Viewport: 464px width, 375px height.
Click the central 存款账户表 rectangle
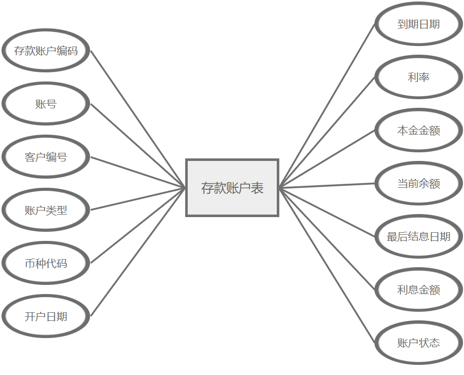[x=232, y=188]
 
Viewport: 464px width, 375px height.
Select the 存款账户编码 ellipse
[x=46, y=51]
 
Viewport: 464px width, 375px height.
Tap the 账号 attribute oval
[x=46, y=104]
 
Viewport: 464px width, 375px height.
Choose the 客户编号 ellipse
[x=46, y=157]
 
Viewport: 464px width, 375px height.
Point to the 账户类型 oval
[x=46, y=210]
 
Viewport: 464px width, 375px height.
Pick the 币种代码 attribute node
[x=46, y=263]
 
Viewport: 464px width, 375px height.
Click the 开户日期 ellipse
[x=46, y=316]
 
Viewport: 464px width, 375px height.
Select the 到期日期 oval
[x=418, y=24]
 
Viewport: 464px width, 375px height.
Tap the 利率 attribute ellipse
[x=418, y=77]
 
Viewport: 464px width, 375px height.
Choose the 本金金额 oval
[x=418, y=130]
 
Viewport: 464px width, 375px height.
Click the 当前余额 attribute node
[x=418, y=183]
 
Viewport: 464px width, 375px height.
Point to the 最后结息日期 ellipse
[x=418, y=236]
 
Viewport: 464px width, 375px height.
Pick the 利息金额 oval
[x=418, y=289]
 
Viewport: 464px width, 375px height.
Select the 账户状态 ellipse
[x=418, y=343]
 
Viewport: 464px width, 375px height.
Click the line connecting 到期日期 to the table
[x=327, y=105]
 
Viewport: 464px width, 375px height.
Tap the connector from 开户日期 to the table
[x=138, y=252]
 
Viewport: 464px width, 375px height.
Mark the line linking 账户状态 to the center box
[x=327, y=266]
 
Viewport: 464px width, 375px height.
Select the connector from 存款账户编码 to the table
[x=138, y=119]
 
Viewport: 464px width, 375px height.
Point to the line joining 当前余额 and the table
[x=327, y=186]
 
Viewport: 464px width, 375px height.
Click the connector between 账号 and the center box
[x=138, y=146]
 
